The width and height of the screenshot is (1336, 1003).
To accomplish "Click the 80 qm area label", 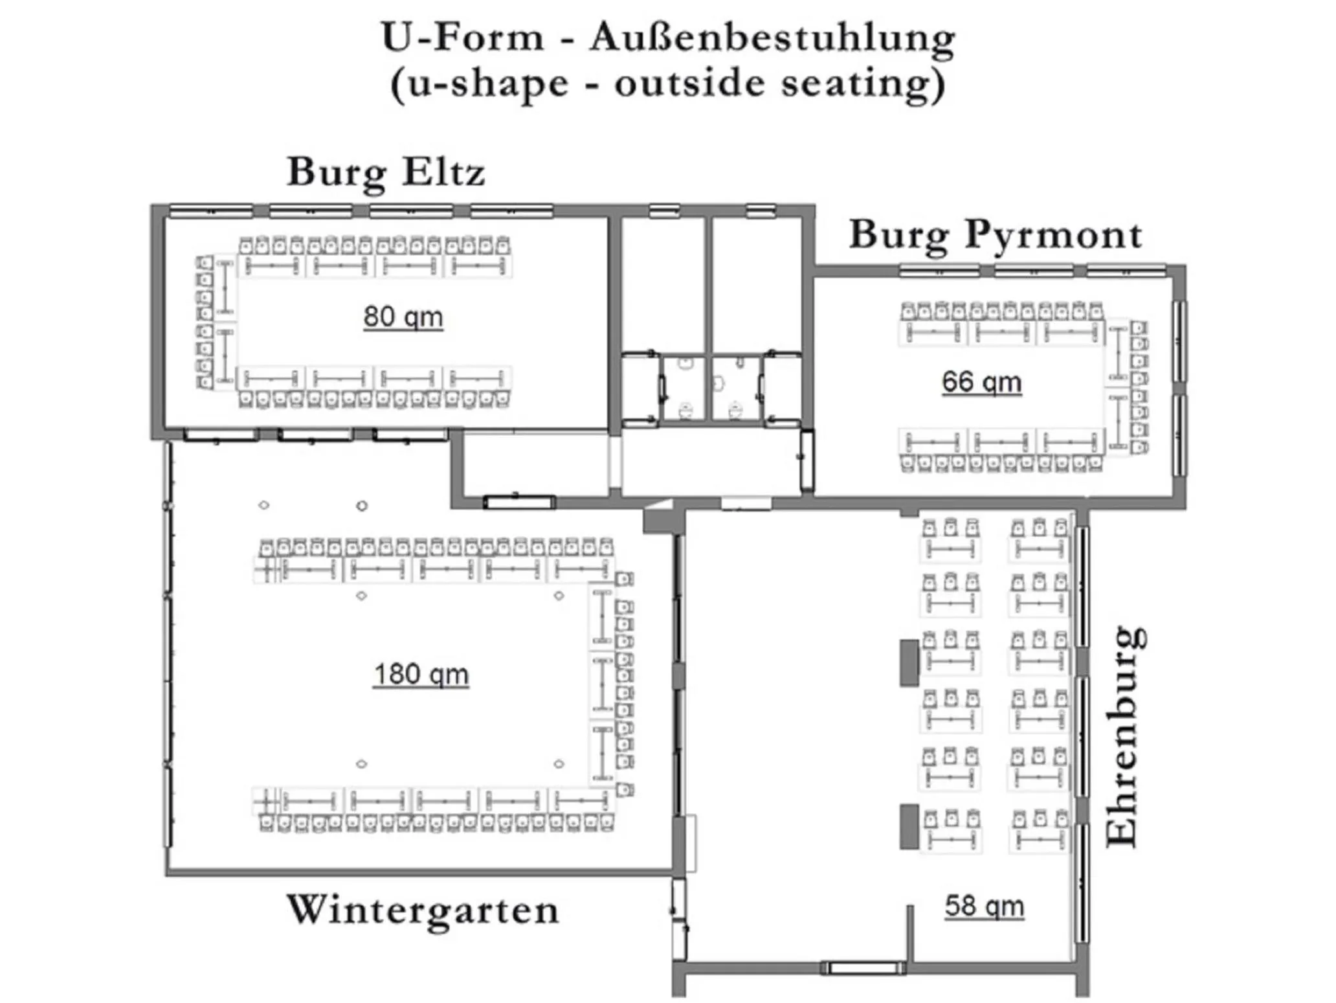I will pos(403,317).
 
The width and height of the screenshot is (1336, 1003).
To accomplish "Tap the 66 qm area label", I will pos(981,381).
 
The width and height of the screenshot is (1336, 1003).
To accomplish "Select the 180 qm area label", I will pos(421,674).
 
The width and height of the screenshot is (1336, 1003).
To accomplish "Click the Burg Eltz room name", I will pos(386,172).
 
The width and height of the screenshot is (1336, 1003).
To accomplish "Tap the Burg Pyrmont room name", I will pos(995,234).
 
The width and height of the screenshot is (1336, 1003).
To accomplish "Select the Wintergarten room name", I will pos(422,910).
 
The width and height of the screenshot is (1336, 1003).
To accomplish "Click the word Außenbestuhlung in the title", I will pos(772,37).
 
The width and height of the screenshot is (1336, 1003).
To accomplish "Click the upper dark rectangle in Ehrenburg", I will pos(909,662).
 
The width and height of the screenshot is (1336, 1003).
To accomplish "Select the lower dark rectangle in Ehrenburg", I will pos(909,826).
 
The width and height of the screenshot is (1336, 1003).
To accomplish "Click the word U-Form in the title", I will pos(462,37).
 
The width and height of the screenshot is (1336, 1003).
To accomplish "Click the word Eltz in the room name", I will pos(443,172).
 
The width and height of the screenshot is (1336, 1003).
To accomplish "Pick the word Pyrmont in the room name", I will pos(1053,234).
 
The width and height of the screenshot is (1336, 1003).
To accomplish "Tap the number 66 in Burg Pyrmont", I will pos(957,381).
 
